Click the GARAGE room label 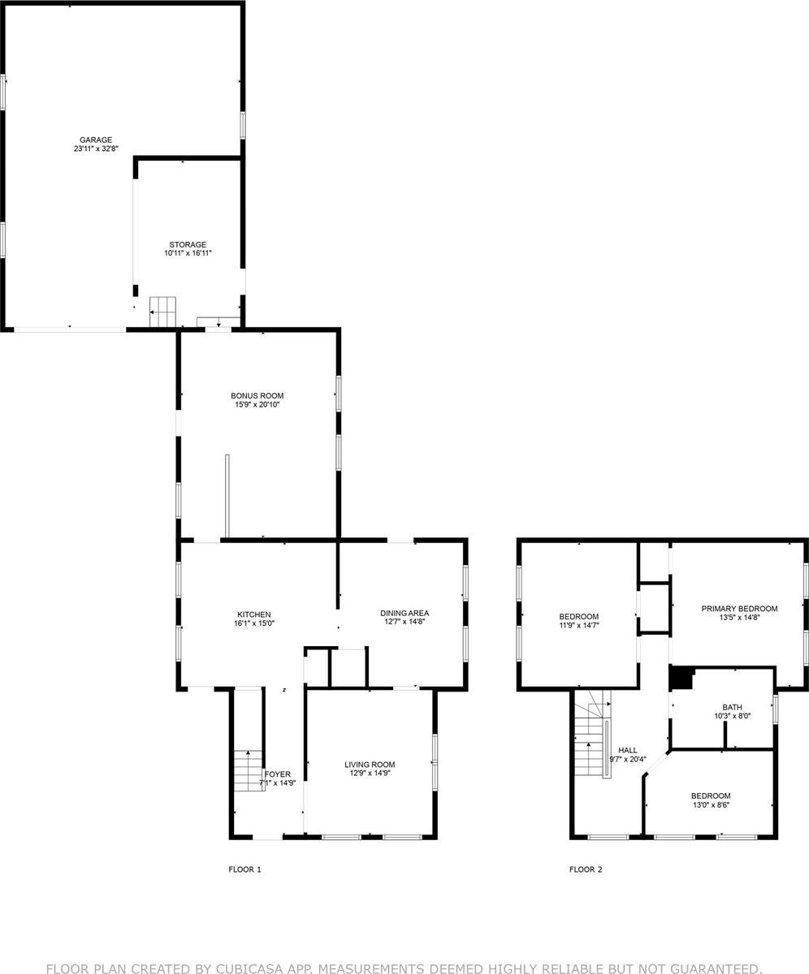(x=96, y=140)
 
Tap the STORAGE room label (x=188, y=244)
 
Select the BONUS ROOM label (x=257, y=395)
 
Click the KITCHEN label (x=253, y=614)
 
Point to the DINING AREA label (x=404, y=613)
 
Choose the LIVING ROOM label (x=370, y=765)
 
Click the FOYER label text (x=277, y=774)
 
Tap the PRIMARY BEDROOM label (x=739, y=609)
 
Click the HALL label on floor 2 (x=628, y=750)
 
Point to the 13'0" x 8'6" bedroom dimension (x=711, y=804)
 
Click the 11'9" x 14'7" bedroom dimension (x=579, y=626)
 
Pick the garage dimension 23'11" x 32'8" (x=96, y=149)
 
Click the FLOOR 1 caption (x=244, y=869)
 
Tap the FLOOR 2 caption (x=586, y=869)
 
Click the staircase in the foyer (x=249, y=771)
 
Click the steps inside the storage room (x=162, y=312)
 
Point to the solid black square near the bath (x=681, y=678)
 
